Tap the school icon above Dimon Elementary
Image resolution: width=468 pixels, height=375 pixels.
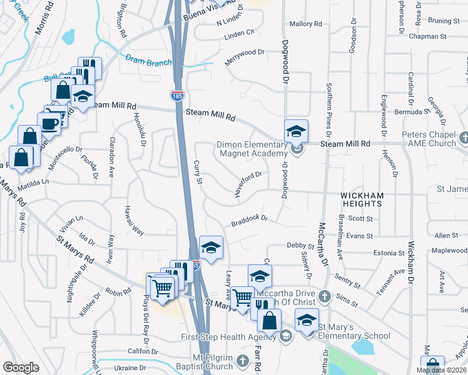pyautogui.click(x=296, y=131)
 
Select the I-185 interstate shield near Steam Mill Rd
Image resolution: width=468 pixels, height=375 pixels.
pyautogui.click(x=177, y=96)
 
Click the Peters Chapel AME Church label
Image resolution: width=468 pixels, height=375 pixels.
pyautogui.click(x=430, y=139)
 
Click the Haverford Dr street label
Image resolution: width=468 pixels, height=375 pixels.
pyautogui.click(x=248, y=184)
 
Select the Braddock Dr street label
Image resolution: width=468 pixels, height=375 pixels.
pyautogui.click(x=249, y=220)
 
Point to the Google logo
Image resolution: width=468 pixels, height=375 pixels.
pyautogui.click(x=21, y=367)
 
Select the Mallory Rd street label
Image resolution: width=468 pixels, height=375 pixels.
pyautogui.click(x=305, y=24)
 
